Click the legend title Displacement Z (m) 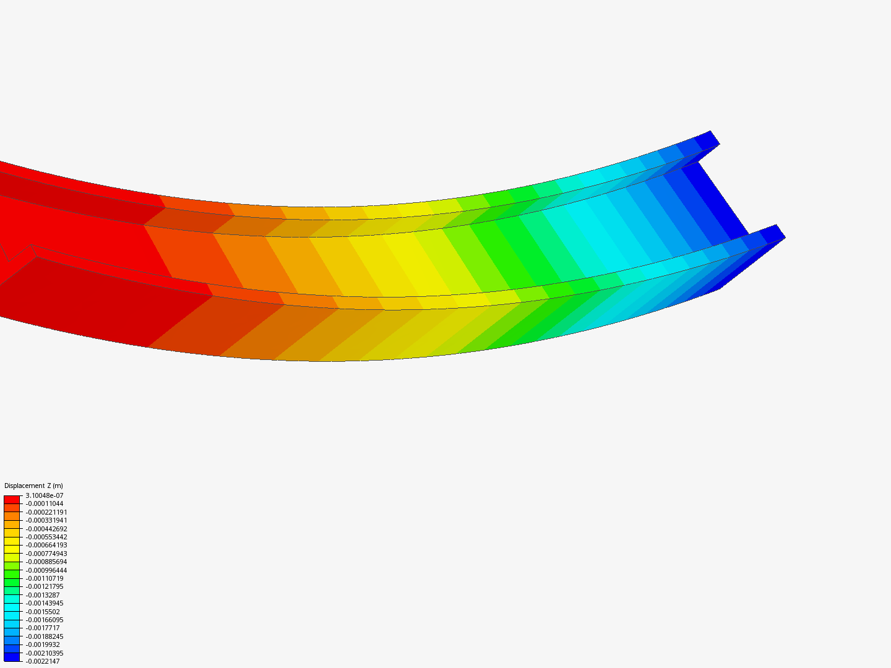point(33,486)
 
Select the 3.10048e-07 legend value point(45,495)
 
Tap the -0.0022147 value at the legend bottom point(43,661)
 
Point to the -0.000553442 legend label point(46,537)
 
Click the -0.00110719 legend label point(45,578)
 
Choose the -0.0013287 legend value point(43,595)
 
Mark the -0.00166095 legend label point(45,620)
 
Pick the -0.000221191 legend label point(46,512)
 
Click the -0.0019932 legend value point(43,644)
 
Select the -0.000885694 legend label point(46,562)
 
